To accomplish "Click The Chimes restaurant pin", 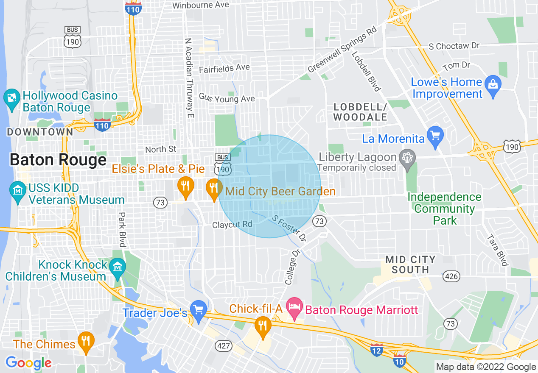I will pos(86,342).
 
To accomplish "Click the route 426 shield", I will pos(451,276).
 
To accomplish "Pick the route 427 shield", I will pos(224,346).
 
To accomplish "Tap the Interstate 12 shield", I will pos(376,350).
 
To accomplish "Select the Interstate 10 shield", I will pos(400,362).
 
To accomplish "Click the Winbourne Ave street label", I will pos(201,5).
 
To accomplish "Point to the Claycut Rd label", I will pos(232,224).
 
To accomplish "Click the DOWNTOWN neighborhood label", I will pos(40,132).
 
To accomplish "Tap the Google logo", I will pos(28,363).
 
